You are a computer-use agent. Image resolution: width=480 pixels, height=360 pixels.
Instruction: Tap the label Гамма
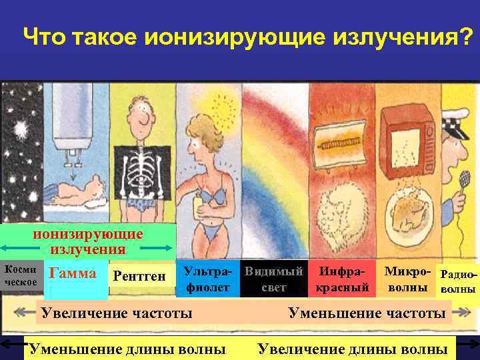click(73, 273)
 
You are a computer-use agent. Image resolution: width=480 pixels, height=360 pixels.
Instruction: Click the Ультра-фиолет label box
click(208, 279)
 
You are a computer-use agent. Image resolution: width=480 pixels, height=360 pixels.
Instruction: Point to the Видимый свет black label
click(274, 279)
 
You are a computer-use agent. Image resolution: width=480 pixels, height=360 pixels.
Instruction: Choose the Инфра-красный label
click(342, 279)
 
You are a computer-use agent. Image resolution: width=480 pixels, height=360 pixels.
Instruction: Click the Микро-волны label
click(407, 279)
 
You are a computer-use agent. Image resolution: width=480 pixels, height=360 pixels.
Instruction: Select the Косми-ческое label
click(21, 275)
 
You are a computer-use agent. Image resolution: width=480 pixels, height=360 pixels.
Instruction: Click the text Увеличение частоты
click(117, 313)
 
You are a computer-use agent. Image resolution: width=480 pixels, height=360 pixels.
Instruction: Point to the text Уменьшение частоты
click(366, 313)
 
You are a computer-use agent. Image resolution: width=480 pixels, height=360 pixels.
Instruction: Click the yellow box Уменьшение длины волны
click(127, 349)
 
